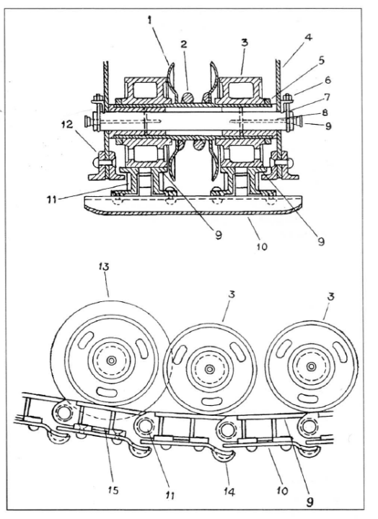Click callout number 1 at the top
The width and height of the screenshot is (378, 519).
pos(150,20)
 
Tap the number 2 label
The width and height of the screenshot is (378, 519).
pos(184,44)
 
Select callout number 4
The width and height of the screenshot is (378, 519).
pos(308,37)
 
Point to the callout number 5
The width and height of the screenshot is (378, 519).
pos(321,61)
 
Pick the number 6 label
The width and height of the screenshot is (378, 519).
pos(328,80)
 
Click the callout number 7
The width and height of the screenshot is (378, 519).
pos(328,97)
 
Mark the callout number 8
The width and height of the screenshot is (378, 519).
pos(325,112)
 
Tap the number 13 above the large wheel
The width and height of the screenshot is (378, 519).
pos(104,267)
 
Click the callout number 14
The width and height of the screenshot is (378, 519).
pos(229,492)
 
